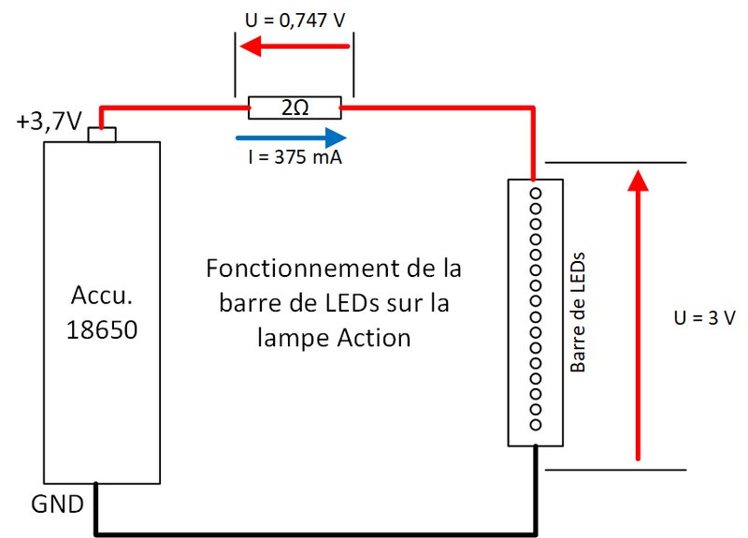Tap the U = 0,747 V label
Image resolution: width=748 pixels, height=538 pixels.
[x=295, y=20]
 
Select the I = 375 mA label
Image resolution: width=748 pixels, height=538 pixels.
[x=295, y=156]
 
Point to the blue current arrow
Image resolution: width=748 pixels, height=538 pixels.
[x=291, y=138]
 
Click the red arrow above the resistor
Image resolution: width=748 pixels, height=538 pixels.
[x=295, y=46]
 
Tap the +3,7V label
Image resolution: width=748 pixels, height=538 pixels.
[x=49, y=122]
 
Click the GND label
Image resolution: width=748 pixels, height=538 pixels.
[x=57, y=504]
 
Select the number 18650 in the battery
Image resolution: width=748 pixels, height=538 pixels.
[x=102, y=330]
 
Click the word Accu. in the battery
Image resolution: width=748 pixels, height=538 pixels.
[x=102, y=295]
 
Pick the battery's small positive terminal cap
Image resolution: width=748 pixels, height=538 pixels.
[x=102, y=135]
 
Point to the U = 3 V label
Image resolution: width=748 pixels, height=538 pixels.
[x=705, y=317]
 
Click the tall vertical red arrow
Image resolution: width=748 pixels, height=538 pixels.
[x=638, y=315]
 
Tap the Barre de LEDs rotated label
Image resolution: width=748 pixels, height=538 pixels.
[x=578, y=313]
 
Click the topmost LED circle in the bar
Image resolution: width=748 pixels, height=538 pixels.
[x=536, y=194]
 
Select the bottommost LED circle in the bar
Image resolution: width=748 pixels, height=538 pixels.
[x=536, y=425]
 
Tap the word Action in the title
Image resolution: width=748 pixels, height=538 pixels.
[x=374, y=338]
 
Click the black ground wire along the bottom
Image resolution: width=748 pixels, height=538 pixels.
[x=316, y=533]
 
